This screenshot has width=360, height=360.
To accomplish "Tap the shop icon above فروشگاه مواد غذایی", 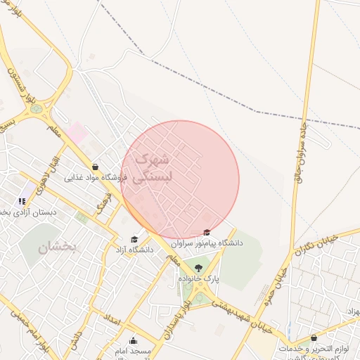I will [95, 167].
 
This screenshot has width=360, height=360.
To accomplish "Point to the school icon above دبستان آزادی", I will [22, 201].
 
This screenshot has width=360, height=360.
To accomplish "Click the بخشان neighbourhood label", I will [56, 247].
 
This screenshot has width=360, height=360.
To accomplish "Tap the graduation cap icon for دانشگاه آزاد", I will [135, 239].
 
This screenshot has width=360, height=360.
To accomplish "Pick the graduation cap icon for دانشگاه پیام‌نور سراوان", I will [206, 233].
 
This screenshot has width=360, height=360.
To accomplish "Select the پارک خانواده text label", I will [199, 279].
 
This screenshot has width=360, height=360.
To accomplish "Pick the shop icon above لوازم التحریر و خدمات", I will [314, 338].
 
